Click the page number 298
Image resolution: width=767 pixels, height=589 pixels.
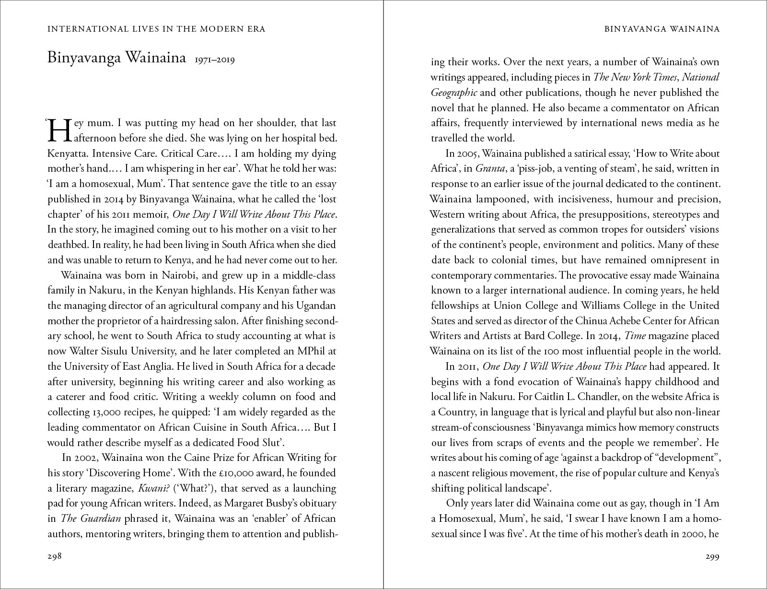55,557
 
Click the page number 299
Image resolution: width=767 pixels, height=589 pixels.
712,557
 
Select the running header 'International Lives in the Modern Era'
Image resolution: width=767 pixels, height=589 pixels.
156,29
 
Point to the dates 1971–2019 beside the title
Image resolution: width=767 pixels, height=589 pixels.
214,60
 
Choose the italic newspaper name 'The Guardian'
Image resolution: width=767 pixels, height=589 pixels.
91,518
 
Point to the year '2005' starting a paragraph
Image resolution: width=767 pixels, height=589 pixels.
468,153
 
